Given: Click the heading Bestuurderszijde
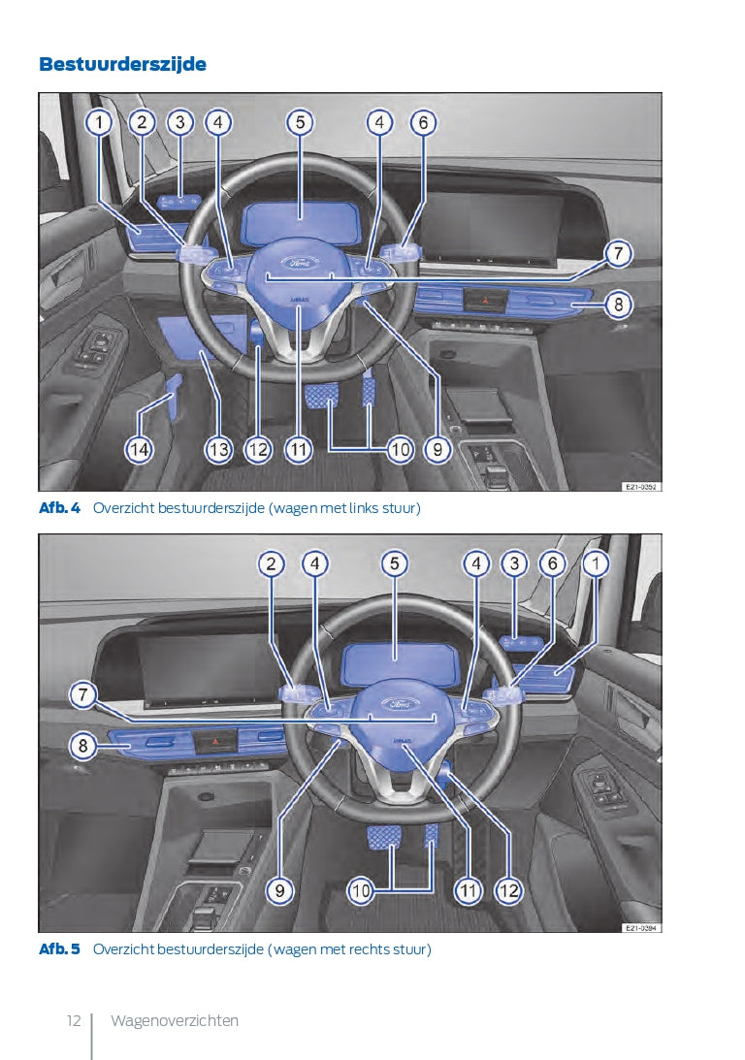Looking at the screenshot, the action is (x=122, y=64).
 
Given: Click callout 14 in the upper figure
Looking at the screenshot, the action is (x=140, y=449).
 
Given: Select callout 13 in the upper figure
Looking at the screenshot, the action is (x=219, y=449).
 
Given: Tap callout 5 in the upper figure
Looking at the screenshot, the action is (x=300, y=122).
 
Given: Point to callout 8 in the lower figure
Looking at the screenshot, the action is (x=83, y=746).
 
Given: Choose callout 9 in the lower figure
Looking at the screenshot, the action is (x=279, y=890).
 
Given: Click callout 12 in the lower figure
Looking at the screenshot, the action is (x=508, y=890).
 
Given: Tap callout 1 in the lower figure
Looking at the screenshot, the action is (x=596, y=563).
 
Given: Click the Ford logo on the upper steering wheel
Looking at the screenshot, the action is (x=297, y=262).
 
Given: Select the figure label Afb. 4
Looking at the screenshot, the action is (x=59, y=507).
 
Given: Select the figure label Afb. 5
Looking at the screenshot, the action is (x=59, y=949).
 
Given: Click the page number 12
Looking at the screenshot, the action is (x=74, y=1020).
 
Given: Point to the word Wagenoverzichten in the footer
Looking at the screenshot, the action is (x=175, y=1020).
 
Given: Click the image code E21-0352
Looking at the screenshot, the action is (x=640, y=487).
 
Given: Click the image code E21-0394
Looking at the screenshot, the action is (x=640, y=928).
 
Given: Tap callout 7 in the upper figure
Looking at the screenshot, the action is (x=617, y=254).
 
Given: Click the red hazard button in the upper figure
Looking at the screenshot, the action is (x=485, y=298).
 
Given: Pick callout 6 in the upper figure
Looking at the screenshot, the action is (x=423, y=122).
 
